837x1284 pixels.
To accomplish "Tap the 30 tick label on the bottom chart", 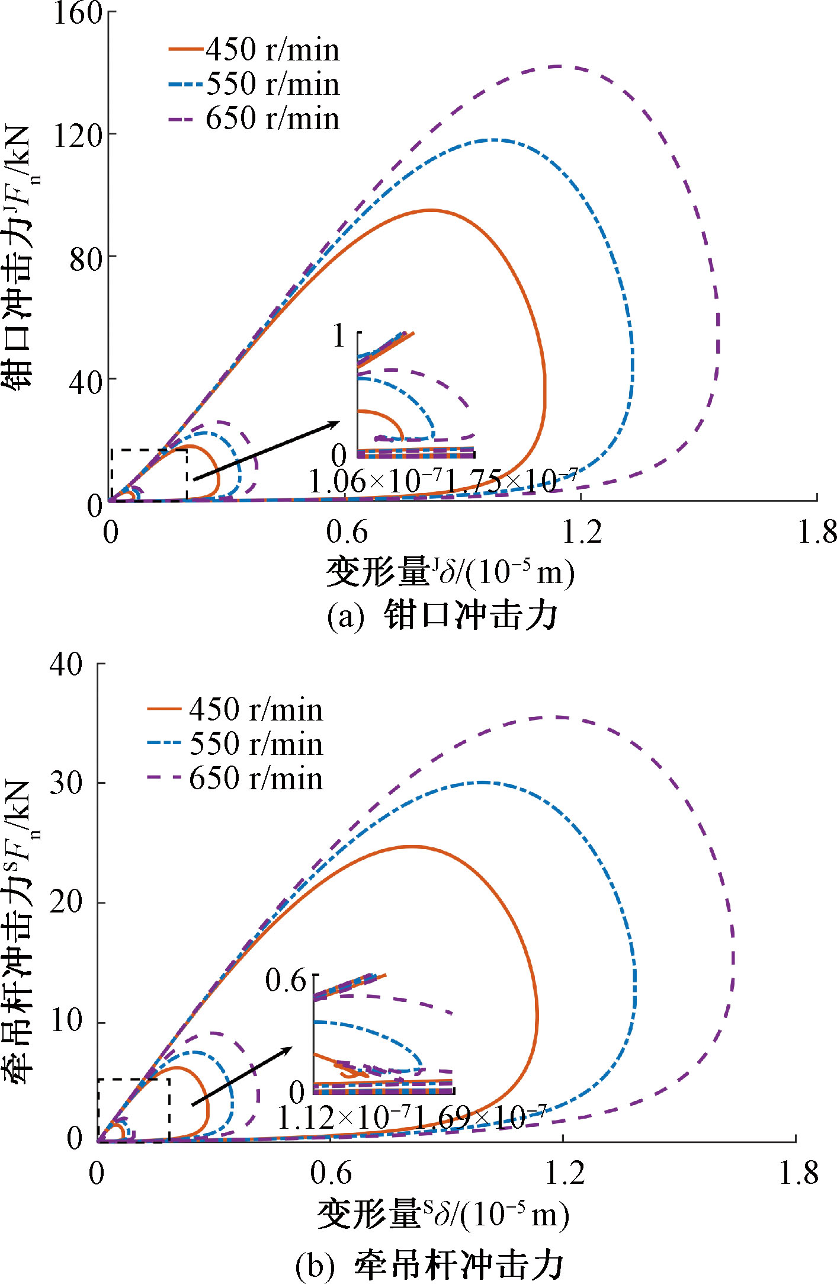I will click(x=66, y=783).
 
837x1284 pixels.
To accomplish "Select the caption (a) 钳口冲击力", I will click(x=442, y=615).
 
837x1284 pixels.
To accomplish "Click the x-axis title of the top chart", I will click(x=450, y=572).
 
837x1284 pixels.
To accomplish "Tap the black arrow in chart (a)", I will click(x=267, y=450).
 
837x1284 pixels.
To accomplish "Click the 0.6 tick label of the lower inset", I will click(x=286, y=981).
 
